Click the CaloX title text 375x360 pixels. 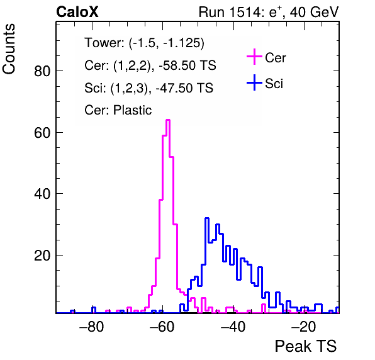point(77,12)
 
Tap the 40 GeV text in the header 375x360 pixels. point(315,12)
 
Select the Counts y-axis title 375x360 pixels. point(9,49)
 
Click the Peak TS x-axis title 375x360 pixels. point(306,346)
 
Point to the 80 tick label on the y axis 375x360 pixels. point(42,71)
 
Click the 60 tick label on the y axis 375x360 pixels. point(42,133)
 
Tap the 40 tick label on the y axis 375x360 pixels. point(42,194)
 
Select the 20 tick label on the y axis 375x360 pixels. point(42,256)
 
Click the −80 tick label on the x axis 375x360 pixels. point(92,327)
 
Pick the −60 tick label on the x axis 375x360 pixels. point(162,327)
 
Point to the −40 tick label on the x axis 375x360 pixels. point(233,327)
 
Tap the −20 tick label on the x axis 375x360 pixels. point(303,327)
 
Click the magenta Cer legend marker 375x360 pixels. point(254,57)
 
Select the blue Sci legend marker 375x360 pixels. point(254,83)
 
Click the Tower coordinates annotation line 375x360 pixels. point(145,43)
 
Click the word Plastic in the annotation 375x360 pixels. point(132,110)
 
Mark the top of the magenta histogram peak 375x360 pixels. point(168,120)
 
